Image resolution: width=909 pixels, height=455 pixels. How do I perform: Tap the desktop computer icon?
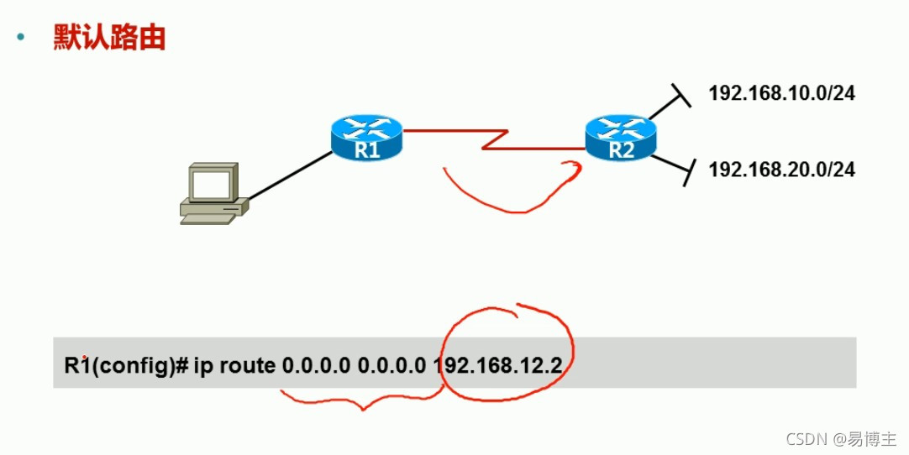(211, 195)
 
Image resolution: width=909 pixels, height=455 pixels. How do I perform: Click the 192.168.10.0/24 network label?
(781, 93)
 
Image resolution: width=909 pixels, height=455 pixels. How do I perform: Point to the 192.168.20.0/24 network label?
(781, 170)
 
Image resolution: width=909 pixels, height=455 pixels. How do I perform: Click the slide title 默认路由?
(108, 37)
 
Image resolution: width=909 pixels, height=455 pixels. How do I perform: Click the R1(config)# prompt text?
(125, 366)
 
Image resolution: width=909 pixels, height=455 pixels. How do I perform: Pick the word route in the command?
(248, 366)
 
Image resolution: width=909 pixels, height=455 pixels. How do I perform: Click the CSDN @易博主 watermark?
(841, 438)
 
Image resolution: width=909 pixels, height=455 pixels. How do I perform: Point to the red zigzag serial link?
(495, 139)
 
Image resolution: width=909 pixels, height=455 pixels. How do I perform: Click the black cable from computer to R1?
(290, 175)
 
